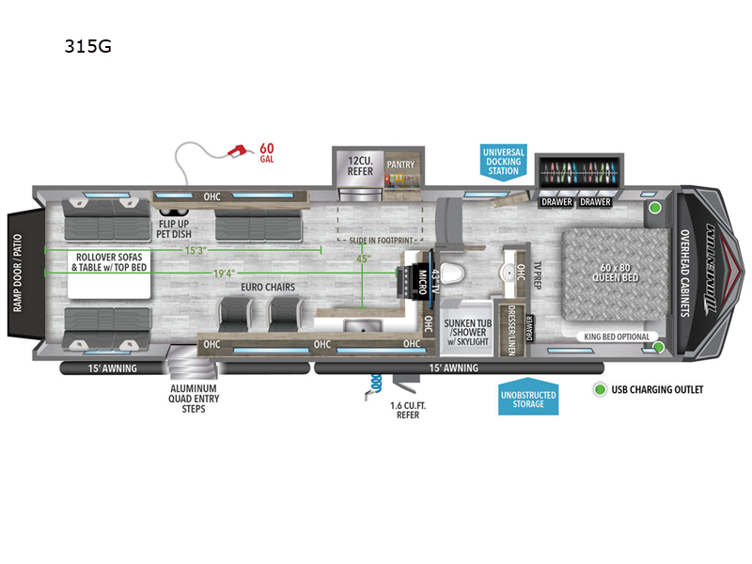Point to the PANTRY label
401,163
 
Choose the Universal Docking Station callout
504,162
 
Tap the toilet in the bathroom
453,272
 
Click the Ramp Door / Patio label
16,273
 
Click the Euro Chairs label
268,286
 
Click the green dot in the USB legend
598,389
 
